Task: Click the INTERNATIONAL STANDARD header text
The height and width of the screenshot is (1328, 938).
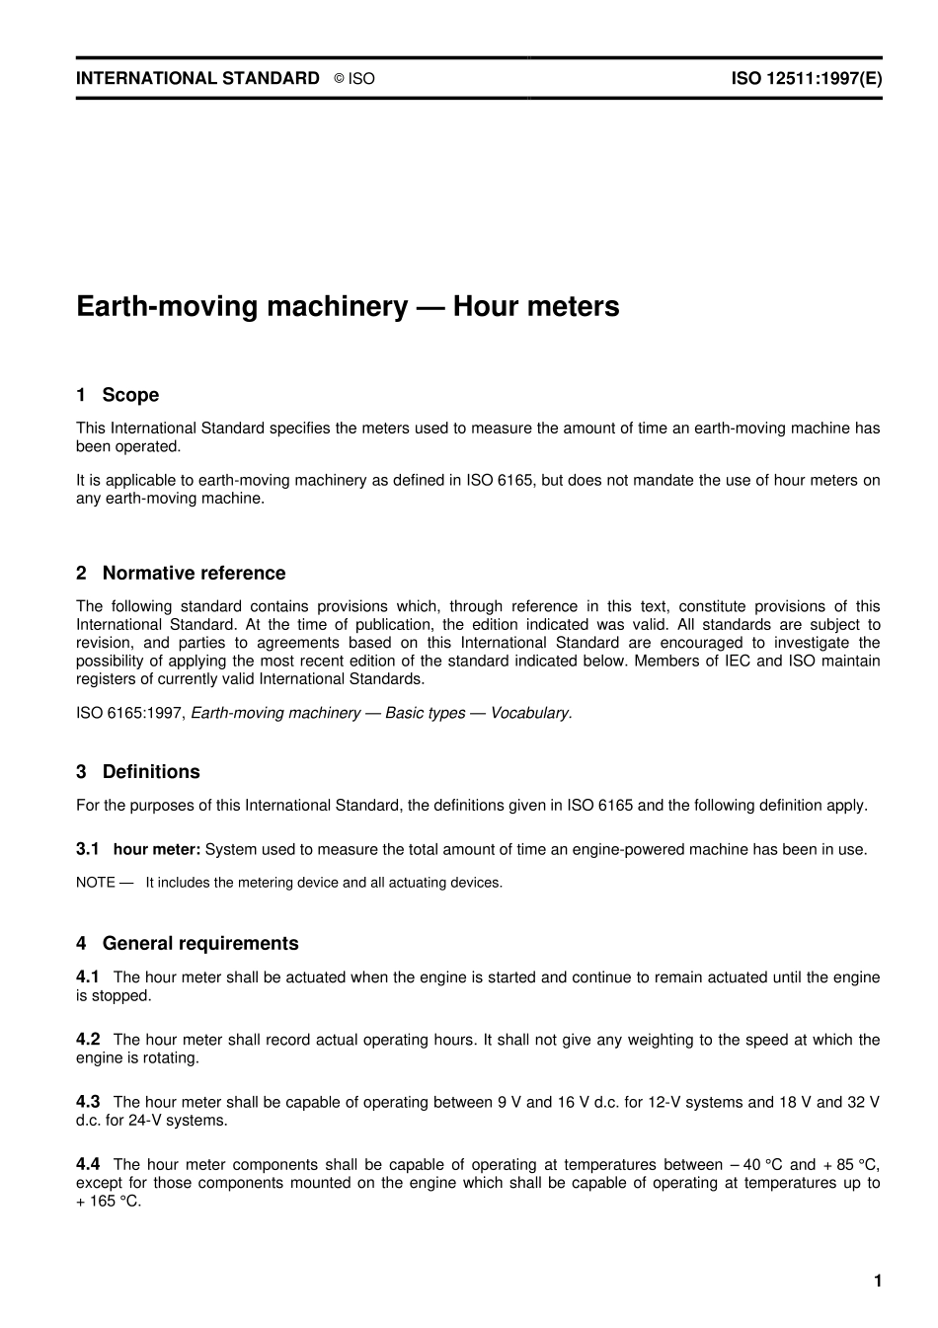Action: [x=197, y=78]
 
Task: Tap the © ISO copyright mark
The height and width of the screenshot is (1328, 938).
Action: [x=354, y=79]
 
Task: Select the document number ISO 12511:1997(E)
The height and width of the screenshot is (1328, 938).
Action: [x=806, y=78]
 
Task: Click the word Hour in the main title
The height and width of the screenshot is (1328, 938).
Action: [x=488, y=306]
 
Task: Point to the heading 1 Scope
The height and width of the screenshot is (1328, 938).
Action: [x=117, y=395]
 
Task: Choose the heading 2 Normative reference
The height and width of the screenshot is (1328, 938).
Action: [x=181, y=573]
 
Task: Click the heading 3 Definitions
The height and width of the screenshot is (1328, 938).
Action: [x=138, y=771]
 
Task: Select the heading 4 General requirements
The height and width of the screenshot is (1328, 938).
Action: [x=188, y=943]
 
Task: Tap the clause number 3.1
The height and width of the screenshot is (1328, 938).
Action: [x=88, y=849]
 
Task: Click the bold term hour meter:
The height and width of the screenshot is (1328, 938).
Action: [x=157, y=849]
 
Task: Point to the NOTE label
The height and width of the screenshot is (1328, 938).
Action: [x=96, y=883]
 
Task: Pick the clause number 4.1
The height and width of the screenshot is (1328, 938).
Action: [x=88, y=976]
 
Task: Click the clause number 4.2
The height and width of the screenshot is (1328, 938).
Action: [x=88, y=1039]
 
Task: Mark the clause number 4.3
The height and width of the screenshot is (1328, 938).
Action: [x=88, y=1101]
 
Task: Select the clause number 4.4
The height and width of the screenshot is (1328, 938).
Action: [x=88, y=1164]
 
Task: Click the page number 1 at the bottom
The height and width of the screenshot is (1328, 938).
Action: [x=877, y=1281]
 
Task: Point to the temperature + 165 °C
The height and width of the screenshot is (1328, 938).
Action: [x=109, y=1202]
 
